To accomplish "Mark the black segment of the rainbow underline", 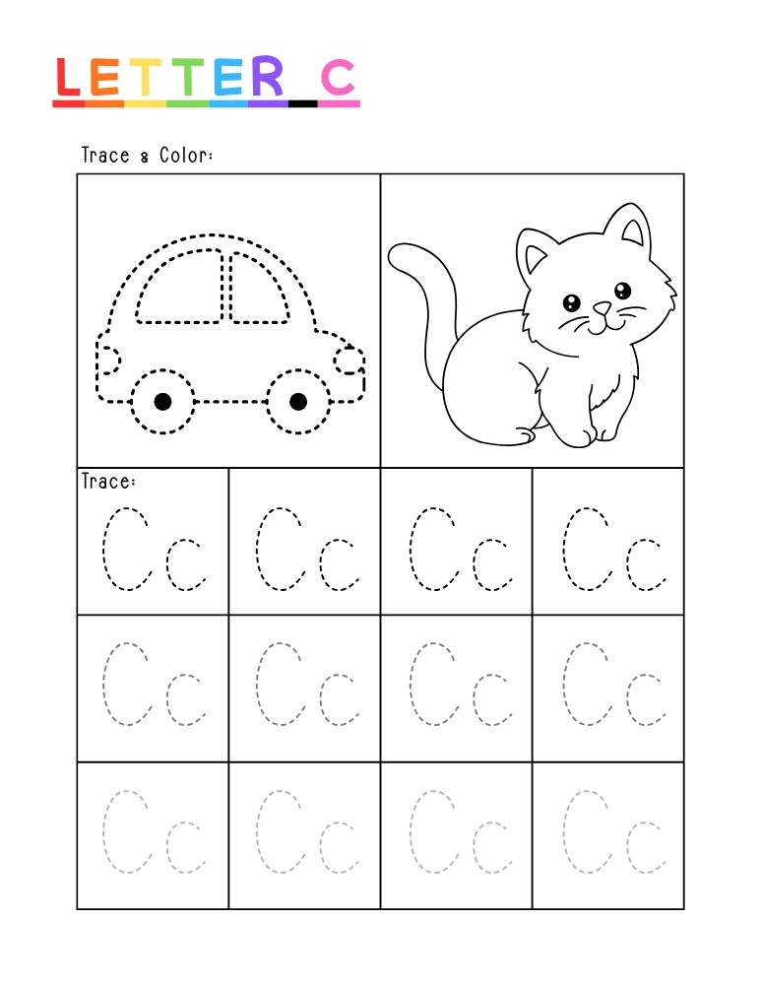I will pos(302,102).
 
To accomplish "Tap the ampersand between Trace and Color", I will pos(144,158).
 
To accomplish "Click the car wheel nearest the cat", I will pos(297,401).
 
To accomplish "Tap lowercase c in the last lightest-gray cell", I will pos(644,846).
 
